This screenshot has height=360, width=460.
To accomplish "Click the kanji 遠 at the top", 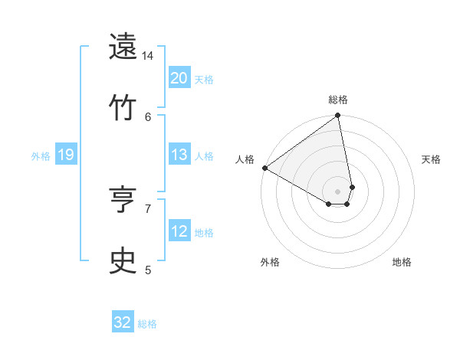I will (123, 47).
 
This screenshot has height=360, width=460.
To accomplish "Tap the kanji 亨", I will (123, 200).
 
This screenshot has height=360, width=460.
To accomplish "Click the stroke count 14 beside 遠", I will (148, 56).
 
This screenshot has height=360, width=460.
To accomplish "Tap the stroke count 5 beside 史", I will (148, 269).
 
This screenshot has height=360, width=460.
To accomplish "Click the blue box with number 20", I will (179, 77).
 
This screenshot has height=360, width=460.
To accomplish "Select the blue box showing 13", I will (179, 155).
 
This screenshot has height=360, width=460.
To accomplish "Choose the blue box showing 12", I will (179, 231).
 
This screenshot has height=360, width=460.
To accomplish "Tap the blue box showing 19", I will (66, 155).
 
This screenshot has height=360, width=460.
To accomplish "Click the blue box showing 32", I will (123, 322).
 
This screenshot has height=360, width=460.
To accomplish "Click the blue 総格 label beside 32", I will (147, 324).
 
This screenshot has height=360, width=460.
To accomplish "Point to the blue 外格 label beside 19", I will (41, 156).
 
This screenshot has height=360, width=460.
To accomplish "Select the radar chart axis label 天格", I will (431, 159).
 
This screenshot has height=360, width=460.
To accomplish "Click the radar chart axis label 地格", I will (402, 263).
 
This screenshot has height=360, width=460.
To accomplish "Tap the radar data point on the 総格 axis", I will (338, 116).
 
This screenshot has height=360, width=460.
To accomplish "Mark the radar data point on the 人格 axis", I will (265, 168).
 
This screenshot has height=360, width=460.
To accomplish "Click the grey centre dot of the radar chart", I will (338, 191).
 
